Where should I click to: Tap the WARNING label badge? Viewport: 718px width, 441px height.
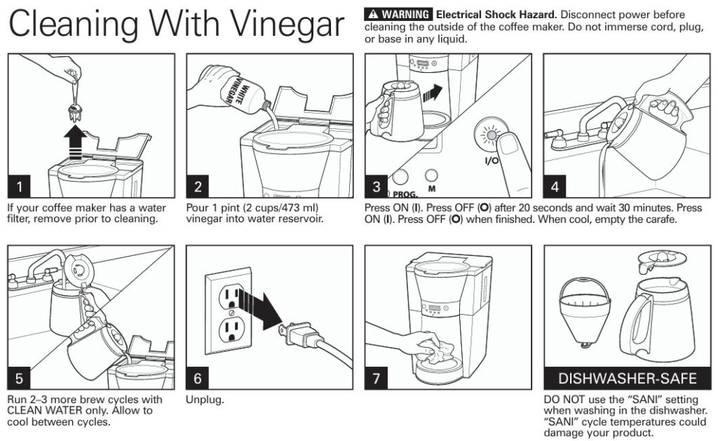[398, 14]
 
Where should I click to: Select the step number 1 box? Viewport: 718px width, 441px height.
[19, 186]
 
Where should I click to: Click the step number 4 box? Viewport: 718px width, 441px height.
[556, 186]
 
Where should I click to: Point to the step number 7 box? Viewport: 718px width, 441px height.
[377, 378]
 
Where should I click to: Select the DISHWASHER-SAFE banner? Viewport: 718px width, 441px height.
[627, 379]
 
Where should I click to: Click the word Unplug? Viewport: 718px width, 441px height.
[205, 400]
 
